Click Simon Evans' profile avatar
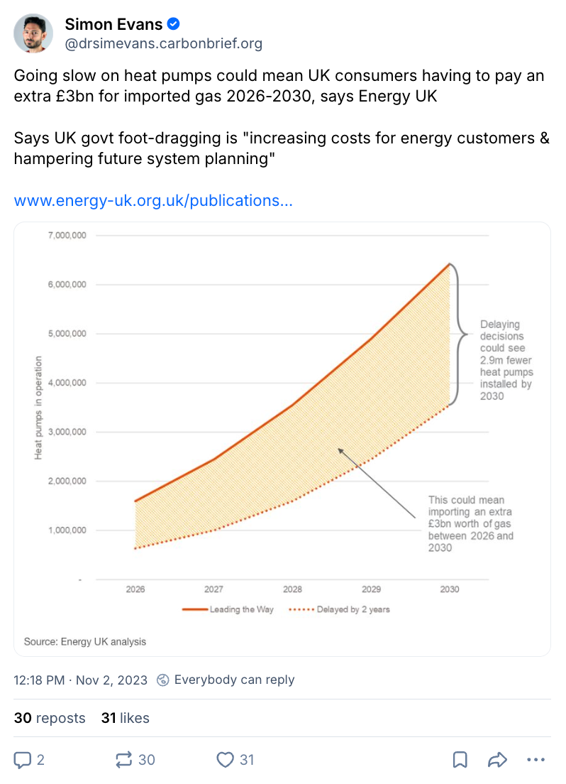(33, 33)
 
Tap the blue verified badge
(173, 24)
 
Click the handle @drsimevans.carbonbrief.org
(164, 44)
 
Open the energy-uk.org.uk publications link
(153, 200)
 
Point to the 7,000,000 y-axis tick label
(67, 235)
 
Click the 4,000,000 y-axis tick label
(67, 383)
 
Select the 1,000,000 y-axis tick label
(67, 530)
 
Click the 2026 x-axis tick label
(135, 589)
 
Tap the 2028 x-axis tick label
(292, 589)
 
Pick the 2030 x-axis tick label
(449, 589)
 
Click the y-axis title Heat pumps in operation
(38, 407)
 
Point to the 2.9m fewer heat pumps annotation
(506, 360)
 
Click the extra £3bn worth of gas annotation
(470, 524)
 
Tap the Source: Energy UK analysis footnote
(85, 641)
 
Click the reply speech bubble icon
(23, 760)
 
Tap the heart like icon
(225, 760)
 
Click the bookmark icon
(460, 760)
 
